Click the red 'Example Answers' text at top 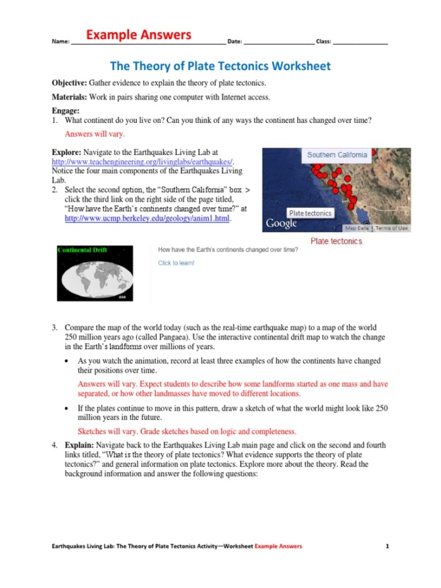pos(139,35)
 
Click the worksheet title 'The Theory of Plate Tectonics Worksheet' pos(220,66)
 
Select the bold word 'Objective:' pos(69,83)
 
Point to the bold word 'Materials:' pos(69,97)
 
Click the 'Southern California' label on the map pos(336,155)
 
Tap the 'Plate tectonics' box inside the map pos(310,213)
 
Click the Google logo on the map pos(281,224)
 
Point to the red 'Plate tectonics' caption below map pos(336,241)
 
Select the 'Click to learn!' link pos(176,263)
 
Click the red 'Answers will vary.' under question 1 pos(94,134)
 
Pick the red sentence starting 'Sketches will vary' pos(186,432)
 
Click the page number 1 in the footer pos(387,546)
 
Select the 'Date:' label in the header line pos(234,42)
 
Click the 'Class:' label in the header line pos(323,42)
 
